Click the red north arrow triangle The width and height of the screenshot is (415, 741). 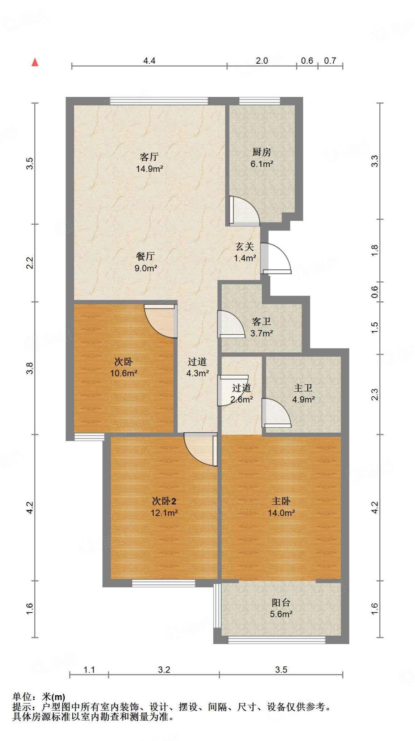pyautogui.click(x=35, y=62)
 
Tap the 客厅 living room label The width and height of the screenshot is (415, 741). pyautogui.click(x=149, y=157)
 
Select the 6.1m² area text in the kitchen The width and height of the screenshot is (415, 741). pyautogui.click(x=262, y=164)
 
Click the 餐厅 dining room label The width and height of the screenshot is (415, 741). pyautogui.click(x=145, y=257)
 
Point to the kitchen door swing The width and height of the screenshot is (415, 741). pyautogui.click(x=244, y=211)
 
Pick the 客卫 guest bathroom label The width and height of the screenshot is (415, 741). pyautogui.click(x=261, y=322)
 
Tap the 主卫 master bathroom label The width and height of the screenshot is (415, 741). pyautogui.click(x=303, y=388)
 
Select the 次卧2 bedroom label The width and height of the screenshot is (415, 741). pyautogui.click(x=164, y=501)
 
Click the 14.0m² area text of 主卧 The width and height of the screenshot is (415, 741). pyautogui.click(x=281, y=513)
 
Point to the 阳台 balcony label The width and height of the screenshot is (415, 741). pyautogui.click(x=281, y=602)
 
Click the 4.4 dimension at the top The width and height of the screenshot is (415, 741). pyautogui.click(x=149, y=61)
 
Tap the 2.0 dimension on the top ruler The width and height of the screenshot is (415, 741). pyautogui.click(x=262, y=61)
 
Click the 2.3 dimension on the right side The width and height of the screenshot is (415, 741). pyautogui.click(x=375, y=394)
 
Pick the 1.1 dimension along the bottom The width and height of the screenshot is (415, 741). pyautogui.click(x=89, y=670)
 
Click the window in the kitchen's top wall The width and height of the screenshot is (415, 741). pyautogui.click(x=260, y=101)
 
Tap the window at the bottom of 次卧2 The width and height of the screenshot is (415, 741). pyautogui.click(x=163, y=583)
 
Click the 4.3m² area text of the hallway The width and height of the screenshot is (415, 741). pyautogui.click(x=197, y=373)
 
